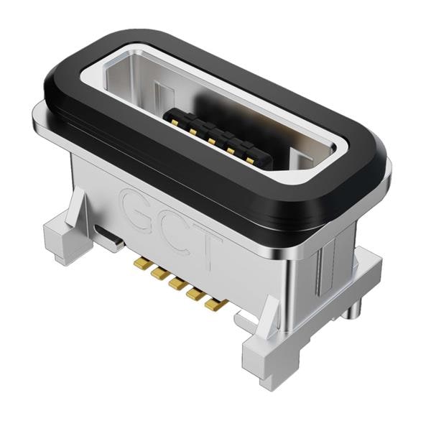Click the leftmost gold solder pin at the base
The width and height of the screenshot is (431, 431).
point(141,264)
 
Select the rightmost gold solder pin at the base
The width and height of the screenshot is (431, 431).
point(213,305)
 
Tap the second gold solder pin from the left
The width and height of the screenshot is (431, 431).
point(158,274)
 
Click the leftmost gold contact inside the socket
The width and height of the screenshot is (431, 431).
point(175,121)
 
